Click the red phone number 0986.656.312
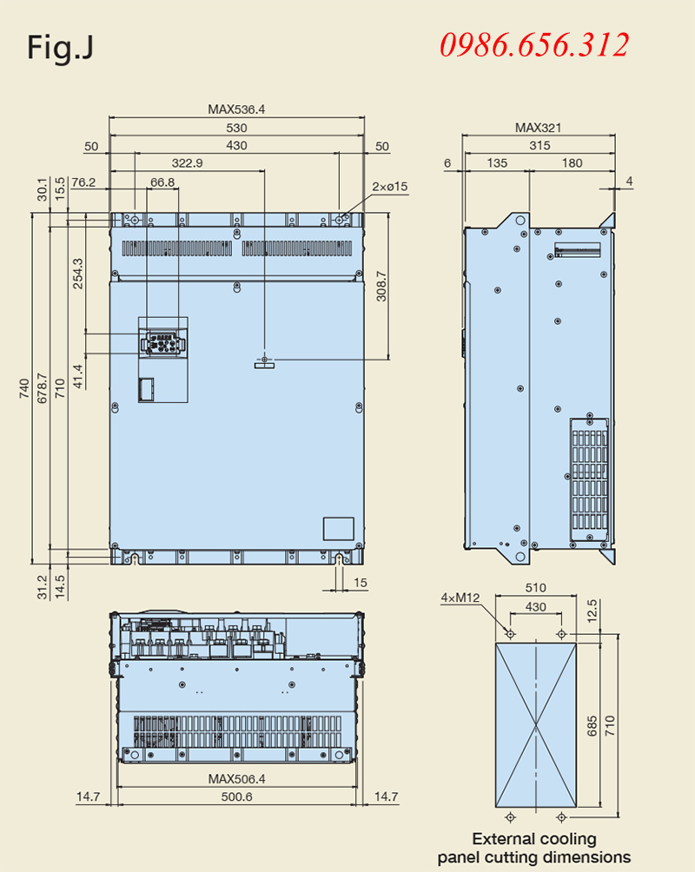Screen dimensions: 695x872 pos(534,45)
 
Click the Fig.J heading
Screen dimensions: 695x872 pos(60,47)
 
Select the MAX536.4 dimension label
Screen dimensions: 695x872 pos(236,109)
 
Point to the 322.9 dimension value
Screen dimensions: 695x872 pos(187,163)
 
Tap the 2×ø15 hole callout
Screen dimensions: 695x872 pos(389,187)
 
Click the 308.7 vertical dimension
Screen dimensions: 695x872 pos(381,287)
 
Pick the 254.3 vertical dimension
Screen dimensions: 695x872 pos(78,273)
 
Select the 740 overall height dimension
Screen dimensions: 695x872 pos(24,388)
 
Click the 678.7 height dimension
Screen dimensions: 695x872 pos(43,388)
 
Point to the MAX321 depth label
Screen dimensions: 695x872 pos(538,128)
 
